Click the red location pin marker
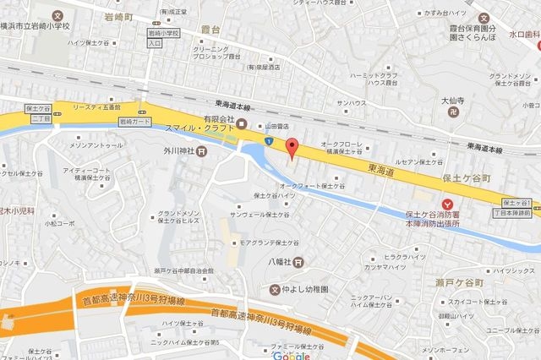point(292,148)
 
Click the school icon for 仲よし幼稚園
point(274,290)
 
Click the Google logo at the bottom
point(289,355)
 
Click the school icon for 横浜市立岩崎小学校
point(57,16)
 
